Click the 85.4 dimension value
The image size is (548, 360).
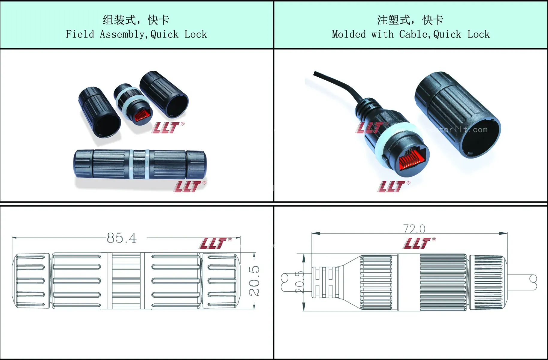pos(122,238)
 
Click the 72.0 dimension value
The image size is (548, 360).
pos(414,229)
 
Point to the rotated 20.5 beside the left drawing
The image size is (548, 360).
pos(254,281)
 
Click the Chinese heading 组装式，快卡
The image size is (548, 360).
pos(136,20)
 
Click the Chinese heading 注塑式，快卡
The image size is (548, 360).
pos(410,20)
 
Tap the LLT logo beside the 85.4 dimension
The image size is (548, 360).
pos(213,243)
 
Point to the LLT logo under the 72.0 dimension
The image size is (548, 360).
pos(417,243)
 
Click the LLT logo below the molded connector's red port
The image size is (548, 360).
pos(392,186)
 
